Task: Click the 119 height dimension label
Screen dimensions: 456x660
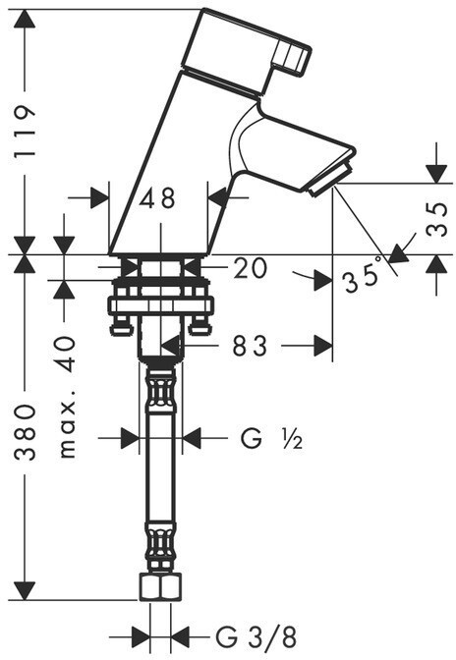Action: point(25,132)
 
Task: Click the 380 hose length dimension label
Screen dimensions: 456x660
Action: point(25,432)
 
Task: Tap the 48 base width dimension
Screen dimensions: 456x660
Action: point(157,197)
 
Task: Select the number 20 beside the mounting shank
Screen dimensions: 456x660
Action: point(250,268)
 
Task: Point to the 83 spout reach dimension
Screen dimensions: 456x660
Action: point(250,346)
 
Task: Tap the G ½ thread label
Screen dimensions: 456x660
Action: point(271,439)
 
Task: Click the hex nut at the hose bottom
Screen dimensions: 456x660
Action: point(160,587)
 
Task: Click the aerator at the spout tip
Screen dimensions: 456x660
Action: point(330,181)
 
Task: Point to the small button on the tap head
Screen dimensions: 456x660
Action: point(292,57)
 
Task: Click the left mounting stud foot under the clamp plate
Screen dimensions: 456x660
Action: point(122,326)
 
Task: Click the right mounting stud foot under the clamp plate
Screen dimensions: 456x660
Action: point(199,326)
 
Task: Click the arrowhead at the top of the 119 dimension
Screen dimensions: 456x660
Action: point(25,19)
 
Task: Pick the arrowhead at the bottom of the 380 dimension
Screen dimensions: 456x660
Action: point(25,590)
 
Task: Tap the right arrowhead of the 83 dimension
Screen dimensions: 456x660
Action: point(323,346)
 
